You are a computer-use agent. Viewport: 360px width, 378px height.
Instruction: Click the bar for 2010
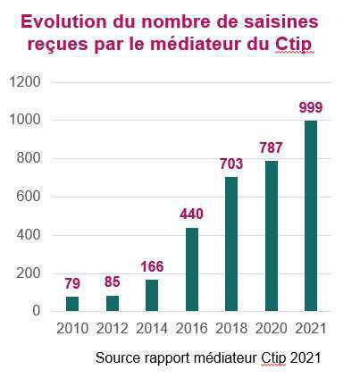tap(72, 303)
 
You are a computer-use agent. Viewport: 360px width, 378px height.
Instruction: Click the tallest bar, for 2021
tap(311, 215)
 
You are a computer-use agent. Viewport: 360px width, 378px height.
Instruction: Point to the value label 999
tap(311, 107)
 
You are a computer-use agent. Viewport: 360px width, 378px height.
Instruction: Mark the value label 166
tap(154, 266)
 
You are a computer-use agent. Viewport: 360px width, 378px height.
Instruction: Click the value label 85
tap(113, 282)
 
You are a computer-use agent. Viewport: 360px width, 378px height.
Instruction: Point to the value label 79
tap(72, 283)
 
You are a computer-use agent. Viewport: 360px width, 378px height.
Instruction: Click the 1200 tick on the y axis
tap(26, 82)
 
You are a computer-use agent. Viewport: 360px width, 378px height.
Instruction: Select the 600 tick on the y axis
tap(29, 197)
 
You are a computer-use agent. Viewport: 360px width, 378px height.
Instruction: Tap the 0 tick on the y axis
tap(37, 311)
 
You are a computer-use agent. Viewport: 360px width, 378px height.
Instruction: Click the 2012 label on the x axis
tap(113, 329)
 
